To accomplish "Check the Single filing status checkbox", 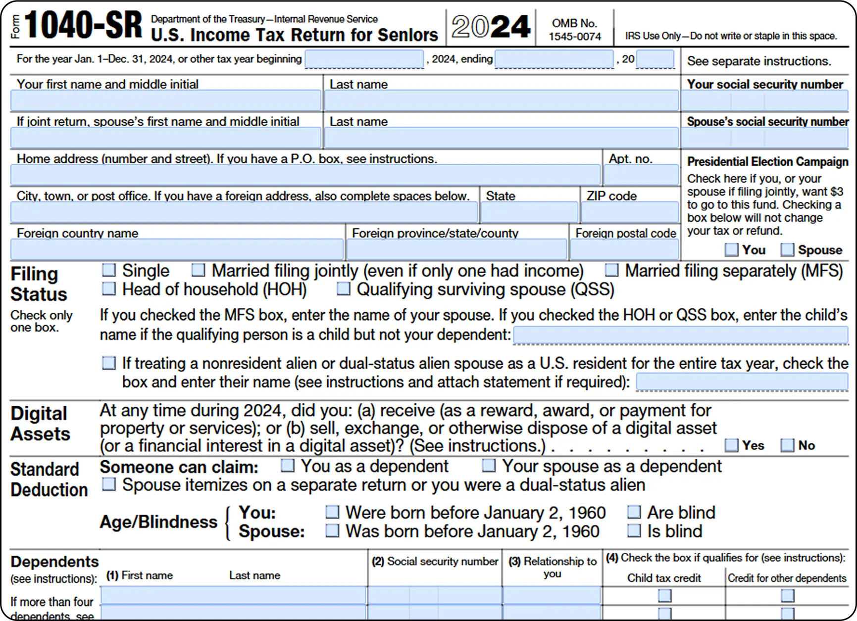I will click(x=108, y=270).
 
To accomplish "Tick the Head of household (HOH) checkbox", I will click(x=108, y=288).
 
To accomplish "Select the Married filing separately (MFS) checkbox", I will click(x=612, y=270).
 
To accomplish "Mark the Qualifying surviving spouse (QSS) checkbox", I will click(x=343, y=288).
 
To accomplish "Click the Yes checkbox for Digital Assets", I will click(x=731, y=445).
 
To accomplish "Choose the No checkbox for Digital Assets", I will click(x=787, y=445).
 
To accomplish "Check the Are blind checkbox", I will click(x=634, y=512).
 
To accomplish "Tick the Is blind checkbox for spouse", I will click(x=634, y=531).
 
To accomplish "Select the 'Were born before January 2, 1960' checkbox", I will click(x=332, y=512).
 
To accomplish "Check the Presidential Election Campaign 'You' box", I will click(x=731, y=250).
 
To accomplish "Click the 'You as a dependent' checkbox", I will click(x=288, y=466).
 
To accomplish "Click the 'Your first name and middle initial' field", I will click(x=165, y=101).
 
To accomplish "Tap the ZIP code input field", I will click(x=629, y=213).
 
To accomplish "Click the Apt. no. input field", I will click(x=641, y=176).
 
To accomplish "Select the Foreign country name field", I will click(x=177, y=249).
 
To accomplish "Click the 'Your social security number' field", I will click(x=764, y=101).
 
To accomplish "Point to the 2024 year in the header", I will click(x=491, y=27).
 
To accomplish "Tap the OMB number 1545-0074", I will click(x=575, y=36).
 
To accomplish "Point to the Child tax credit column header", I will click(x=664, y=578).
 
